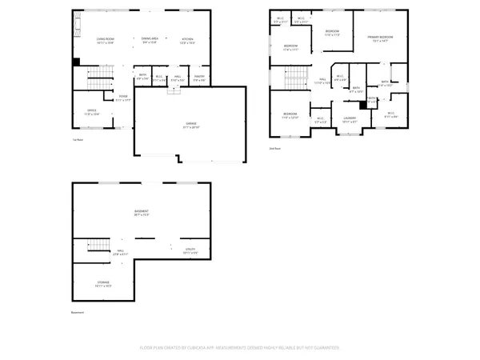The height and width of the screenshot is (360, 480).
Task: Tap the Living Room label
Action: (x=106, y=40)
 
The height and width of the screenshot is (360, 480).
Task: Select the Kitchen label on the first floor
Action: (x=187, y=40)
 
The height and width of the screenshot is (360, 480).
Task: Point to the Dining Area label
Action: (x=150, y=40)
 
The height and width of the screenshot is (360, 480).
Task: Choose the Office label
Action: (x=92, y=113)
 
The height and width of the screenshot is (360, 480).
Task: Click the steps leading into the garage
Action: (x=170, y=90)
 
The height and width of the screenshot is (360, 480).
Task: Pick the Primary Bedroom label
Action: (x=379, y=38)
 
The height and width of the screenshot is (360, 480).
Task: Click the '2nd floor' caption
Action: (x=275, y=148)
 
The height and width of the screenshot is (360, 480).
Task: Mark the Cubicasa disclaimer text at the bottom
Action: (x=240, y=348)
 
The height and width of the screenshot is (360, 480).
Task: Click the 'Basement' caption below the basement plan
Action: (x=78, y=313)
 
